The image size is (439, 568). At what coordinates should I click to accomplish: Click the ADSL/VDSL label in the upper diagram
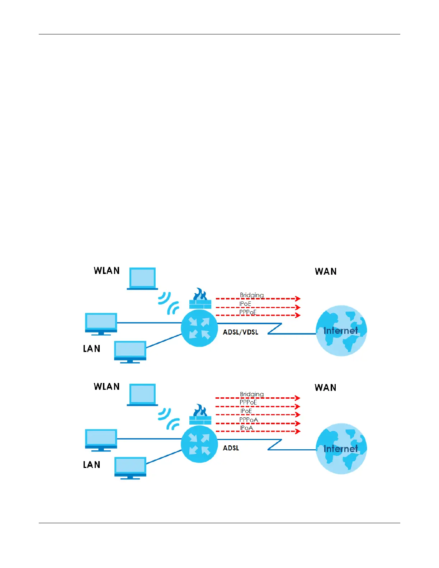click(240, 332)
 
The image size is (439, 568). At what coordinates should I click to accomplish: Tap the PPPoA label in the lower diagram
click(249, 420)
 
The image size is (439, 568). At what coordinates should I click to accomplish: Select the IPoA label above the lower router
click(246, 428)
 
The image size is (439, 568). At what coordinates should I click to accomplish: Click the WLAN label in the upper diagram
click(107, 271)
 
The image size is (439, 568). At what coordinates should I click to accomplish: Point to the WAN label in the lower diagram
click(325, 388)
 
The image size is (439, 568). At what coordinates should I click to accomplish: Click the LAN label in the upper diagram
click(91, 349)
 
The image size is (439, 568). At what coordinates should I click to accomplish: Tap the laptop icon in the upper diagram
click(142, 278)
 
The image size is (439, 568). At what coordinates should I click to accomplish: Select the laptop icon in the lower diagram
click(142, 394)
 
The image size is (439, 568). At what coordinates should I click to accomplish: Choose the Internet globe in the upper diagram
click(341, 331)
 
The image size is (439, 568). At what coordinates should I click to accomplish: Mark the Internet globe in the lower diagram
click(341, 449)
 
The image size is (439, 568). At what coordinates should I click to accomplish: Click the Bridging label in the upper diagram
click(252, 295)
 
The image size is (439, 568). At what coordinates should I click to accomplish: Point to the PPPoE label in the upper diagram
click(248, 312)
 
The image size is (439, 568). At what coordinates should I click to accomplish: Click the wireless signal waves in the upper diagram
click(169, 303)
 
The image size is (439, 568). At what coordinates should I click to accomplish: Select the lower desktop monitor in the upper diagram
click(130, 352)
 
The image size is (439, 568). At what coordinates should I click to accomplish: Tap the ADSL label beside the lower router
click(231, 448)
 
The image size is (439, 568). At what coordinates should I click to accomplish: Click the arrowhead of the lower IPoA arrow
click(298, 431)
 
